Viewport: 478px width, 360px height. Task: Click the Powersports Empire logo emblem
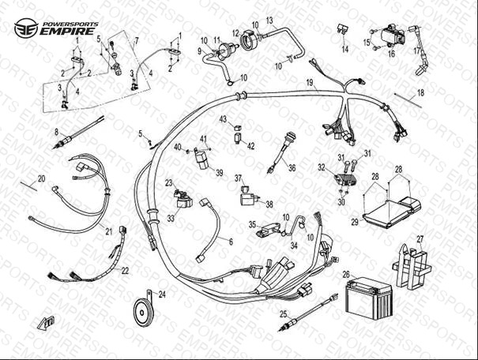25,28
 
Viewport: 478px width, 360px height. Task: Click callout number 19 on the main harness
311,83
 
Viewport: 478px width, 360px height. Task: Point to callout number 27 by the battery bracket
420,238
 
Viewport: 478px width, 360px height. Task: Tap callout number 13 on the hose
269,20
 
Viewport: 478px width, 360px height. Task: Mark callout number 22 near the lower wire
125,270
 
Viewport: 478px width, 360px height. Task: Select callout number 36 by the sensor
292,167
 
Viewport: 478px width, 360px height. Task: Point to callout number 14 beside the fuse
344,49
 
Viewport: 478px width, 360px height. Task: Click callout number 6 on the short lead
231,242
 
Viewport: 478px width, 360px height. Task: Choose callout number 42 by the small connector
251,146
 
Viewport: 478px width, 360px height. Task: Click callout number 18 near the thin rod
420,93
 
